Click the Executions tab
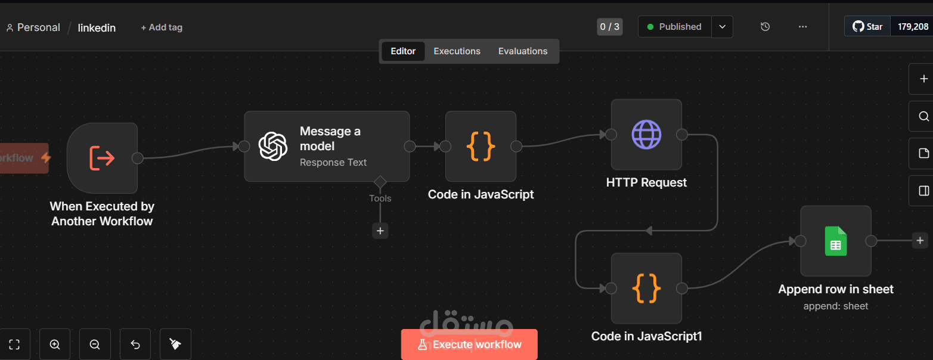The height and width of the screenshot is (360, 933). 457,51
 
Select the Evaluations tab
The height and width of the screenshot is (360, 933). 522,51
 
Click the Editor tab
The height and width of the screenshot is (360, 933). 403,51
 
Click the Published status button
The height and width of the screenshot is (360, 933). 674,27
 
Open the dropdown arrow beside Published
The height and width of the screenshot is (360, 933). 722,27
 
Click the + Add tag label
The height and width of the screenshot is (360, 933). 162,27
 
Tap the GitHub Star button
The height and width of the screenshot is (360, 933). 867,27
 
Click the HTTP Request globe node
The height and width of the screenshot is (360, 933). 646,135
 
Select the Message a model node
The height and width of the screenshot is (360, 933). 327,146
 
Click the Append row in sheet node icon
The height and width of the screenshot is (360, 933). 836,241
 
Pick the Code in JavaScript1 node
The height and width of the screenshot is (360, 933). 646,288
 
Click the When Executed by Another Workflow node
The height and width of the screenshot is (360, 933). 102,158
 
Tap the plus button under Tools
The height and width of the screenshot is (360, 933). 380,231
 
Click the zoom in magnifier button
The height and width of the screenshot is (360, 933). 55,345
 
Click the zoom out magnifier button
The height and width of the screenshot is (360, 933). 95,345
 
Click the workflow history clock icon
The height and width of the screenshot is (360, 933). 765,27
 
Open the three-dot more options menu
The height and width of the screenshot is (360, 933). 802,27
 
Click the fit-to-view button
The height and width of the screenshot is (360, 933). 15,345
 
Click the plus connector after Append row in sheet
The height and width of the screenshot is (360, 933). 920,241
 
